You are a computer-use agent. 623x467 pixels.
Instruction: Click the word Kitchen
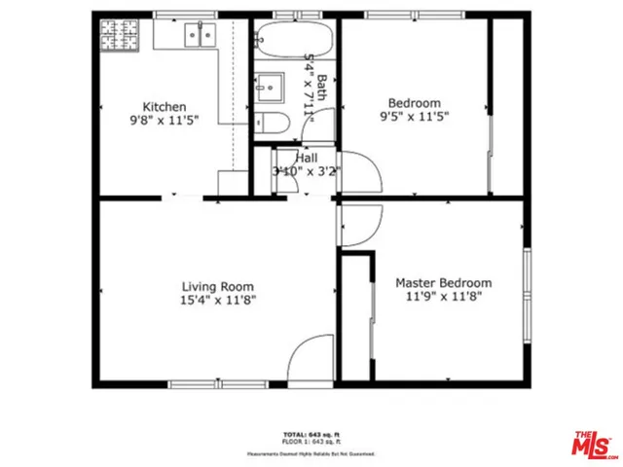pos(165,107)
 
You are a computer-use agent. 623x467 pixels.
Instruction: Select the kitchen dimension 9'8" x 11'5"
pos(165,123)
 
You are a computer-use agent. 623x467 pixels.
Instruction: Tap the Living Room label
pos(218,286)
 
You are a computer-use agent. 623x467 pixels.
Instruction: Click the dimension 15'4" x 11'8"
pos(218,301)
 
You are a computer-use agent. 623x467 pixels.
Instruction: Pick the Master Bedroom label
pos(443,283)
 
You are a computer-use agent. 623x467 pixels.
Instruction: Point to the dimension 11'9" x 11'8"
pos(443,298)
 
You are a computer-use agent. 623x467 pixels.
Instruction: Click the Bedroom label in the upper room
pos(414,103)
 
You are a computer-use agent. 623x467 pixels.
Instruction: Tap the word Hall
pos(307,158)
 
